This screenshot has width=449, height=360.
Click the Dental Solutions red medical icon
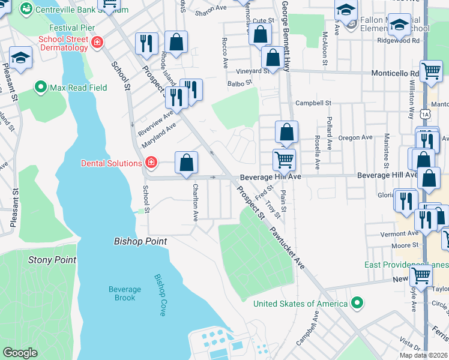(x=151, y=163)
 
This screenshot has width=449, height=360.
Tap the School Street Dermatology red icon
(x=97, y=42)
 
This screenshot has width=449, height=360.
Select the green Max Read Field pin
(x=41, y=88)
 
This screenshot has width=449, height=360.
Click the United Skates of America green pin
(x=357, y=303)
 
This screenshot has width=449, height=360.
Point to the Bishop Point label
(x=140, y=241)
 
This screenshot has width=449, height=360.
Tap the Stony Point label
(x=52, y=260)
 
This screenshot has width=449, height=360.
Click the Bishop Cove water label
(x=160, y=295)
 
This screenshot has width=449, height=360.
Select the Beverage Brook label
(x=125, y=293)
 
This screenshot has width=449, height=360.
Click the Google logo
(x=20, y=352)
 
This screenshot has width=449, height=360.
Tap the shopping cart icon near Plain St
(x=284, y=160)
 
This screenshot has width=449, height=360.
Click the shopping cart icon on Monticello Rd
(x=431, y=71)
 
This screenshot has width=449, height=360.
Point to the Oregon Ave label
(x=355, y=137)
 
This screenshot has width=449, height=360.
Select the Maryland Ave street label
(x=159, y=136)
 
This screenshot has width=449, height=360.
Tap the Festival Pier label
(x=71, y=28)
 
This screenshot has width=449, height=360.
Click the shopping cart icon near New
(x=421, y=277)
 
